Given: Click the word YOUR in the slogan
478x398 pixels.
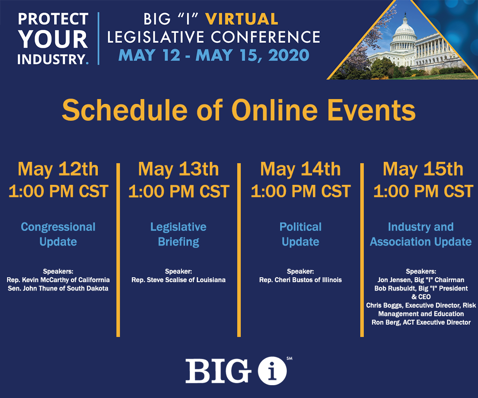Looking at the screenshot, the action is [53, 39].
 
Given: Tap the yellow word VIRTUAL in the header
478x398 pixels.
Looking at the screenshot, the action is [242, 19].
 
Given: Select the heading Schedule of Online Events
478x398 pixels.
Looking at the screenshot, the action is [239, 110].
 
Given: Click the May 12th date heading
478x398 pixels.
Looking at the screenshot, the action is [58, 169].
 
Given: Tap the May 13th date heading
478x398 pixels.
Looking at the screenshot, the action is [178, 169].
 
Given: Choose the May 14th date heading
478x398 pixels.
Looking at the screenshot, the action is [300, 169].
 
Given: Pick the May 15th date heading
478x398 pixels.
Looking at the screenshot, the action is [423, 169].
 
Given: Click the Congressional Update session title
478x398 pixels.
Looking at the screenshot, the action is [58, 234].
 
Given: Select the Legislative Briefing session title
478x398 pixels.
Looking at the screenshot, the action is [178, 234].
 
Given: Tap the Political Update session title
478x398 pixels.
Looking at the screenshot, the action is [300, 234].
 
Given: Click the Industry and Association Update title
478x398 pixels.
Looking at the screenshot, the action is [421, 234].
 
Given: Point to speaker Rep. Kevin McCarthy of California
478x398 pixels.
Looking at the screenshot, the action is [58, 280].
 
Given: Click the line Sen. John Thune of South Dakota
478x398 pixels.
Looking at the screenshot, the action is [58, 288].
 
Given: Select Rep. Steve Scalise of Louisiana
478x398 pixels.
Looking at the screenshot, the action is [178, 280].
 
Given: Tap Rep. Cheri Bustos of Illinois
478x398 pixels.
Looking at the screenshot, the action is [300, 280].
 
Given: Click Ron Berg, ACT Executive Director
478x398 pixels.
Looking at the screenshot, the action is [421, 322].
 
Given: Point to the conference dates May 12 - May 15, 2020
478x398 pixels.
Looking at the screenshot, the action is [214, 55].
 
